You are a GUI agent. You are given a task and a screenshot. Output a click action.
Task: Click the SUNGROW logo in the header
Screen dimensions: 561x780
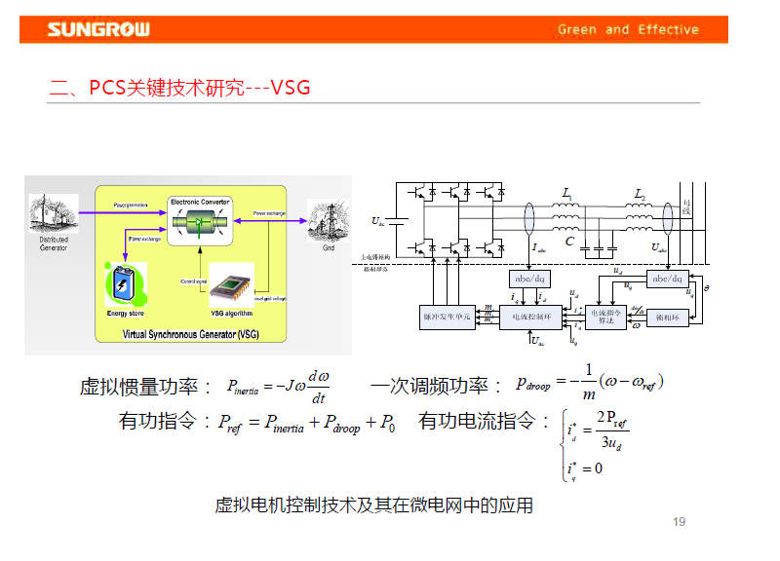[99, 29]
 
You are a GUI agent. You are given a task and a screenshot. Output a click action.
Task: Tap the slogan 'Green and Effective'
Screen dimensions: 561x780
[628, 29]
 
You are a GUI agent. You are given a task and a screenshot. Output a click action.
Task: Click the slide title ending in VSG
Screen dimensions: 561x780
[180, 88]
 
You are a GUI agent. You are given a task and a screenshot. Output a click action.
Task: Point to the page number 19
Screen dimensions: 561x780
[680, 522]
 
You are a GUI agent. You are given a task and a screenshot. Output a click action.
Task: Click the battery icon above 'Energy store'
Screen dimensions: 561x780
[125, 284]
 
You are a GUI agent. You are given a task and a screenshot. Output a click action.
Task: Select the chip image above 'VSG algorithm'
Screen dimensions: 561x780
[231, 286]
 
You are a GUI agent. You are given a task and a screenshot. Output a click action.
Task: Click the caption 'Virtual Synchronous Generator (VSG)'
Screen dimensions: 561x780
[191, 334]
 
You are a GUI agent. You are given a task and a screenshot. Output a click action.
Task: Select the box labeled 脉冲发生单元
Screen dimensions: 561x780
[448, 317]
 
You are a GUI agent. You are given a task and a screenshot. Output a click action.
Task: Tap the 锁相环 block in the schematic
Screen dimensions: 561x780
[669, 317]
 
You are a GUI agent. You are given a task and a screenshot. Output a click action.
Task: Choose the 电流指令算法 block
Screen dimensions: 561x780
[606, 317]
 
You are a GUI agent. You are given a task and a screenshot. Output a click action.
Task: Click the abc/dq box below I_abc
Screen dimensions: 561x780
[530, 280]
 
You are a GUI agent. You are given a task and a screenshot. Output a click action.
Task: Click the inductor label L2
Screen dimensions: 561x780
[640, 195]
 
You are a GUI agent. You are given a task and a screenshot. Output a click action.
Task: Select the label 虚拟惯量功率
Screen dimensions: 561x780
[145, 387]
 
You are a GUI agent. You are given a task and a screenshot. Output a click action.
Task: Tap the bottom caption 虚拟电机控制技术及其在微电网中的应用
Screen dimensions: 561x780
[373, 505]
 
